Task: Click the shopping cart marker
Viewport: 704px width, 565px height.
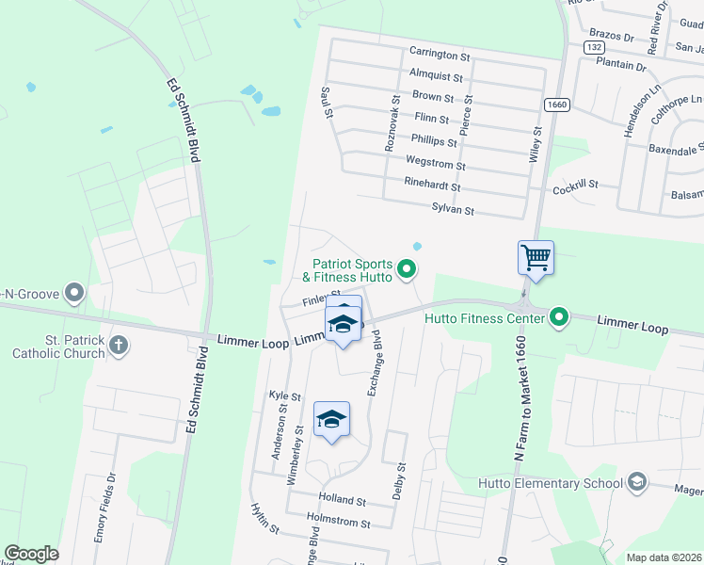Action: [x=536, y=256]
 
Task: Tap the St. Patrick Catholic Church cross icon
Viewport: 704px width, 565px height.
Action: [x=119, y=345]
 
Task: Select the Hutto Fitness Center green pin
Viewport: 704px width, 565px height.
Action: [x=559, y=317]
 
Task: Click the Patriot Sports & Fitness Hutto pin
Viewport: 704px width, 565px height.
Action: [x=407, y=270]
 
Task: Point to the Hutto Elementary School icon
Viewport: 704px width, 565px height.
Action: [x=637, y=483]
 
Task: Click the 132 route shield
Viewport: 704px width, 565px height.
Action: [x=593, y=46]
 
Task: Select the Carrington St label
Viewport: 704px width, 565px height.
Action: [x=439, y=52]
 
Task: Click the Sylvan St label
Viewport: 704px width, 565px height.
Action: [x=452, y=209]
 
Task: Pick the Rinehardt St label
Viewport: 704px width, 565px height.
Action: [x=432, y=186]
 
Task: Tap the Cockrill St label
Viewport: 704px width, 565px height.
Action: [x=575, y=186]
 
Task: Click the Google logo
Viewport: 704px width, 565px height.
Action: [x=32, y=555]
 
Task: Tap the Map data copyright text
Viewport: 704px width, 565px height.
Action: [x=663, y=557]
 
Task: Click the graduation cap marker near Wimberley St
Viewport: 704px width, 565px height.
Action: [x=331, y=420]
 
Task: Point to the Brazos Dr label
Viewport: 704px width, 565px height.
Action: [x=612, y=34]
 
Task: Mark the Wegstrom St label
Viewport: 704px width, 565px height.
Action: [x=435, y=165]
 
